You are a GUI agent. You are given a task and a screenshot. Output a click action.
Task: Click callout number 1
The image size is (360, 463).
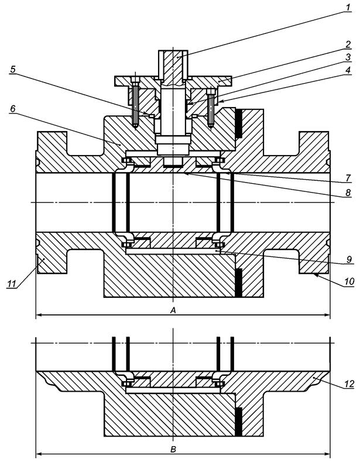pos(348,7)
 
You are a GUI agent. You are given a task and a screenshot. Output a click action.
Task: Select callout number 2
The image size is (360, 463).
pos(348,44)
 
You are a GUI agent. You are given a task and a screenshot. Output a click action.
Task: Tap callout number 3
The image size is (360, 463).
pos(348,57)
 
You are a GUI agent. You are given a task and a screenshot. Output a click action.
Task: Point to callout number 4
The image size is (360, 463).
pos(348,70)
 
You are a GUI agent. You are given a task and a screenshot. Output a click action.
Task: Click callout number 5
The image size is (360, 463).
pos(12,70)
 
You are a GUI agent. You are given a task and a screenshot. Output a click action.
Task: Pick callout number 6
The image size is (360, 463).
pos(13,109)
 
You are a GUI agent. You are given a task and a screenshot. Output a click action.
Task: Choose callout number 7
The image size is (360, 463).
pos(348,178)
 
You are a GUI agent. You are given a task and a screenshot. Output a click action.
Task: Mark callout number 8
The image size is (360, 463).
pos(348,193)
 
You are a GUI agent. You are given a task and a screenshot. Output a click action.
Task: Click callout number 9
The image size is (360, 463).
pos(349,259)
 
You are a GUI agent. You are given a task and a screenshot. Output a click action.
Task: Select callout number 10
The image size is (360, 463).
pos(348,282)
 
